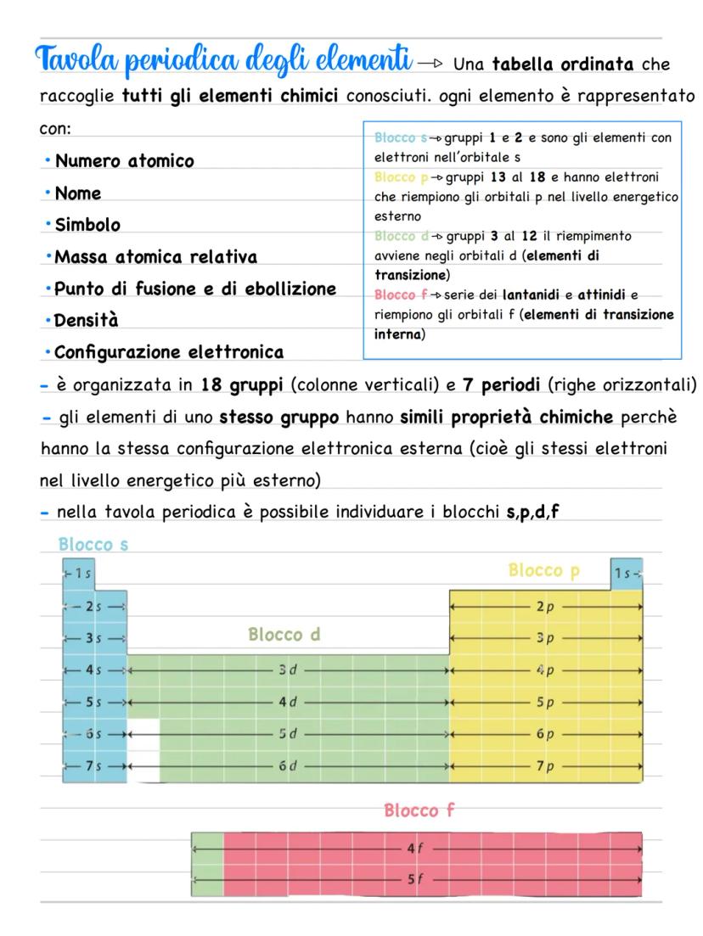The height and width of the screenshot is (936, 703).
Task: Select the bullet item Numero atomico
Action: click(124, 161)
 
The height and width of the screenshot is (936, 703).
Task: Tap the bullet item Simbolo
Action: click(87, 225)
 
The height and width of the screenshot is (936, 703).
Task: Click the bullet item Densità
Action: click(87, 321)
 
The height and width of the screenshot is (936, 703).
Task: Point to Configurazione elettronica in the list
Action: click(169, 351)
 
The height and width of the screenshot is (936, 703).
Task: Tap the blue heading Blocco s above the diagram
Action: click(93, 545)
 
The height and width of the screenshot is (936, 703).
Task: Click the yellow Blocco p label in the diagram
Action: click(544, 570)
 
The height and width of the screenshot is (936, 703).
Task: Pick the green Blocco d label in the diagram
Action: click(284, 634)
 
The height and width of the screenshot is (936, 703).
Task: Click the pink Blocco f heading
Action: click(419, 810)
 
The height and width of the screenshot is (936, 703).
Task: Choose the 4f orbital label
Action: click(412, 848)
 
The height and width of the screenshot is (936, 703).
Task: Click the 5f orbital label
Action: click(412, 879)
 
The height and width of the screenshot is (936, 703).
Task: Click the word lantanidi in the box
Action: click(533, 294)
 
